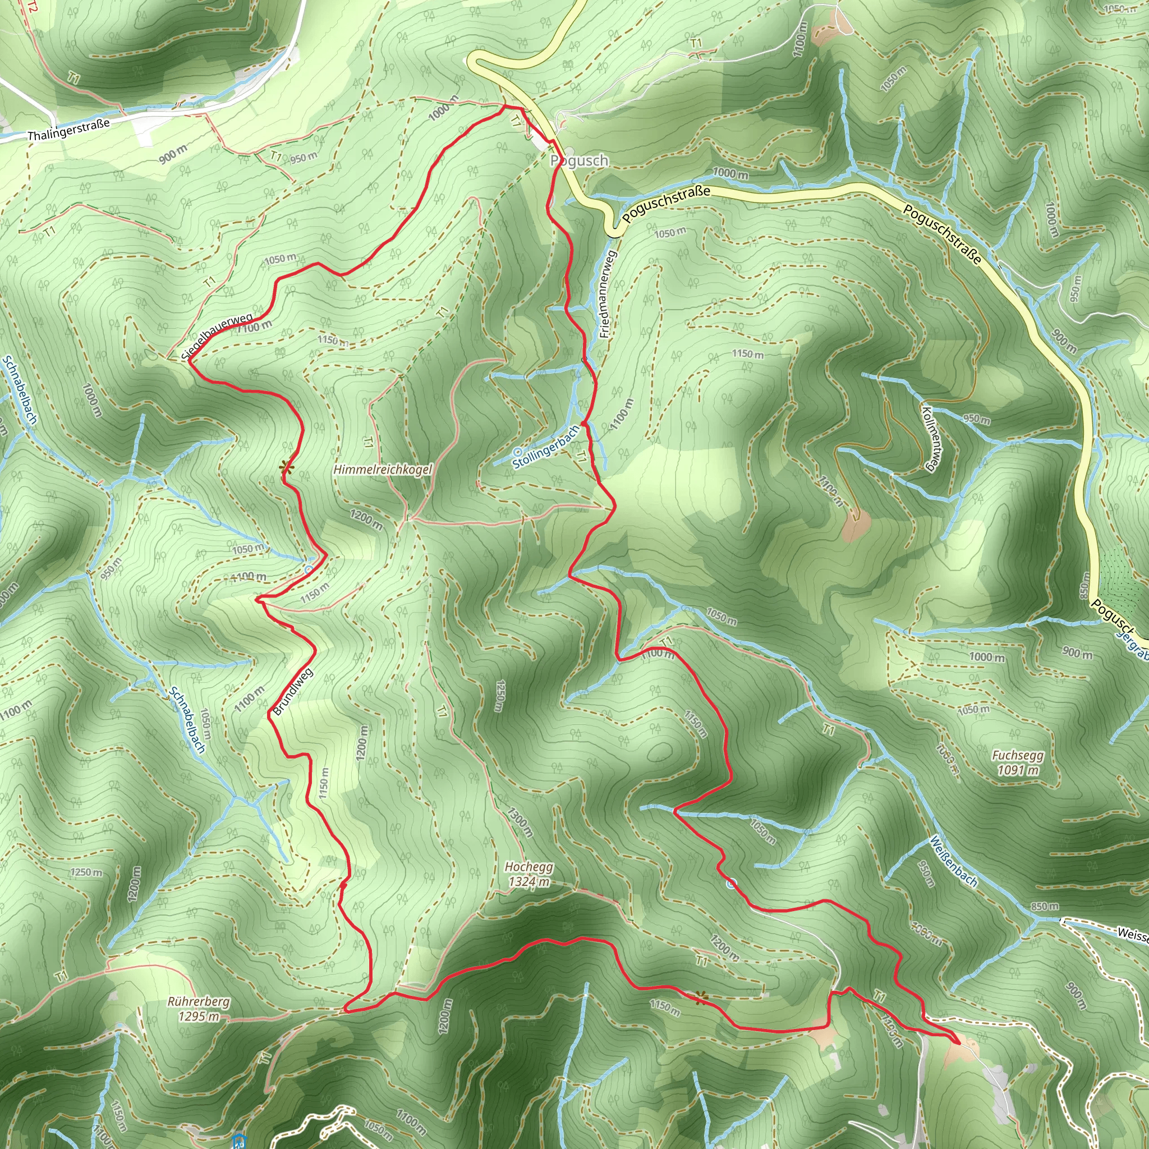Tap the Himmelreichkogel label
[x=383, y=470]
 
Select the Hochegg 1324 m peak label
[x=528, y=874]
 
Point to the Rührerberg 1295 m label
[x=199, y=1009]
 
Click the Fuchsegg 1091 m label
[x=1018, y=762]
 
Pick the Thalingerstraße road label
[x=68, y=130]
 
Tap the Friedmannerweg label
[x=608, y=295]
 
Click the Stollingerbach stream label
[x=546, y=446]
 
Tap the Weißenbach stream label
[x=953, y=861]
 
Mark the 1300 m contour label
[x=520, y=822]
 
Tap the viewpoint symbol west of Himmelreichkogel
[x=287, y=467]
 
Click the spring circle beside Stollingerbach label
[x=517, y=453]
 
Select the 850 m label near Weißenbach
[x=1044, y=907]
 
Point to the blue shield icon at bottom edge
[x=239, y=1140]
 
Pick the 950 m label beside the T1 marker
[x=304, y=158]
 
